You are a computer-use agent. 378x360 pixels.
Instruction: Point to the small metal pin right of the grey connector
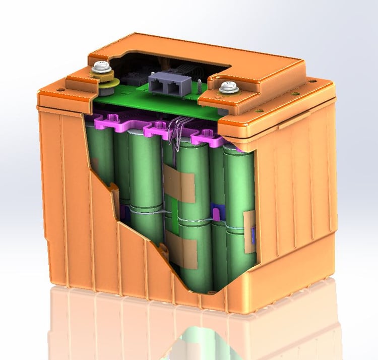pyautogui.click(x=200, y=84)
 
